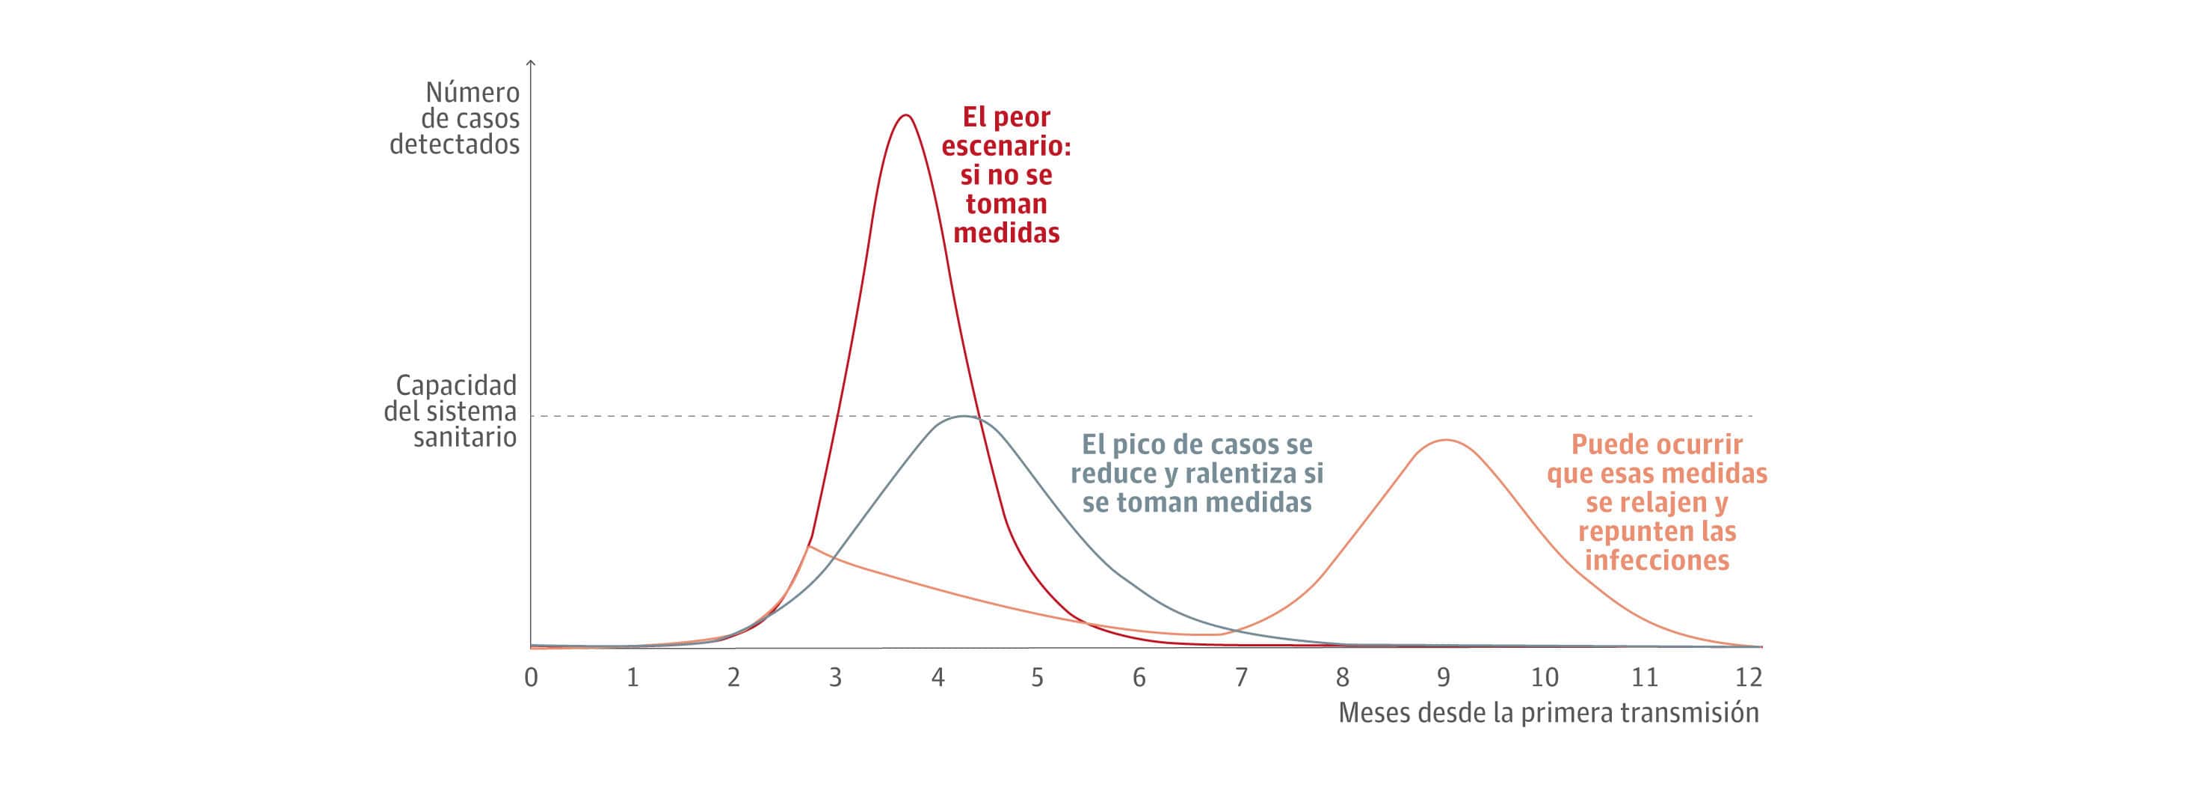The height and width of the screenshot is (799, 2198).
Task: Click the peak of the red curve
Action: tap(905, 115)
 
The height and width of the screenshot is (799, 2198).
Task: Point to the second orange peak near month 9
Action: tap(1445, 441)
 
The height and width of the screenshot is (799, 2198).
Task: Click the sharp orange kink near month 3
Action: tap(808, 545)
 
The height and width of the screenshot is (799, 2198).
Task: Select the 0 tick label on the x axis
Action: tap(531, 678)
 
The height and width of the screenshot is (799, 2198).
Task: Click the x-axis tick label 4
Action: tap(938, 678)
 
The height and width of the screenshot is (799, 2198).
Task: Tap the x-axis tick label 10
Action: tap(1545, 678)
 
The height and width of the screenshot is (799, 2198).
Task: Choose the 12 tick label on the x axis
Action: tap(1749, 678)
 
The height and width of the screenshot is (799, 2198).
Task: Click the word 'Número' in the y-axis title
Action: tap(472, 92)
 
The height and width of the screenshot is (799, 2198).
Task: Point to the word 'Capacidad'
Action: tap(455, 385)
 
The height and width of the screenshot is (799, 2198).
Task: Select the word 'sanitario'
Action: tap(465, 438)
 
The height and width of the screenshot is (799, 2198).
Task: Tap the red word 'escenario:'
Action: tap(1006, 146)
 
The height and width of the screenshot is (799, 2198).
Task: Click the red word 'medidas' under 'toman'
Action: tap(1006, 233)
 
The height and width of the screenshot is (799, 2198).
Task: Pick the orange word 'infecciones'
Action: tap(1657, 561)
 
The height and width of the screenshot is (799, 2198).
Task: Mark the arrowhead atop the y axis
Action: tap(531, 63)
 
